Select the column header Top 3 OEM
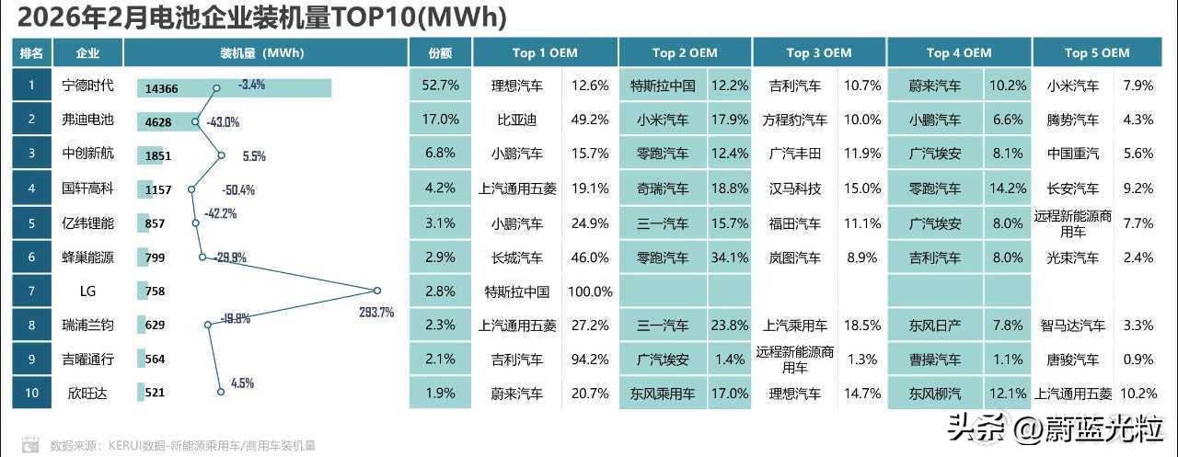[818, 52]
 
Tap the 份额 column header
[440, 52]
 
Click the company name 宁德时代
[88, 86]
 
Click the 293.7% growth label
[376, 313]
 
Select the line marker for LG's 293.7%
[377, 291]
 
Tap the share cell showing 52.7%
[440, 86]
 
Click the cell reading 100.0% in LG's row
[589, 291]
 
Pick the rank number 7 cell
[31, 291]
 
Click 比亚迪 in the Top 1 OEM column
[516, 120]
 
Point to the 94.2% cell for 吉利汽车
[589, 360]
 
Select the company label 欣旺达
[88, 394]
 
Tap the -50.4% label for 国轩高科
[237, 190]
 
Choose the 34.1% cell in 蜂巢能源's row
[730, 257]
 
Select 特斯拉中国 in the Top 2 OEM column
[663, 86]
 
